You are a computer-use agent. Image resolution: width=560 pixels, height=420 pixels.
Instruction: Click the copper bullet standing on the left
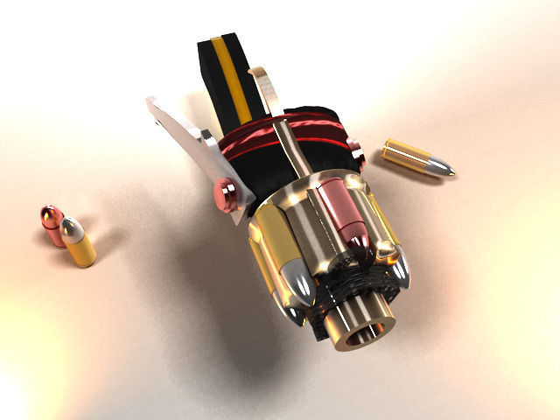[52, 225]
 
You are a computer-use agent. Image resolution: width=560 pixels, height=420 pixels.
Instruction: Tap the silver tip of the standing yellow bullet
[73, 229]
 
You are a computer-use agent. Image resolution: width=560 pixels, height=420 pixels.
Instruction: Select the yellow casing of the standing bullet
[82, 250]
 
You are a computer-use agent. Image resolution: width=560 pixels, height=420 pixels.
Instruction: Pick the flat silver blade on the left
[179, 136]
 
